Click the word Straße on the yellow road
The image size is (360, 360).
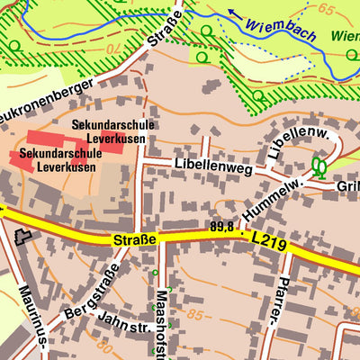pos(135,241)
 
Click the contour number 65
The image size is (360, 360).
pos(325,10)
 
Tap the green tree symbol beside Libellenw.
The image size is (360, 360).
pos(318,166)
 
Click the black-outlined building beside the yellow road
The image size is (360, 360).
pos(21,237)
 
